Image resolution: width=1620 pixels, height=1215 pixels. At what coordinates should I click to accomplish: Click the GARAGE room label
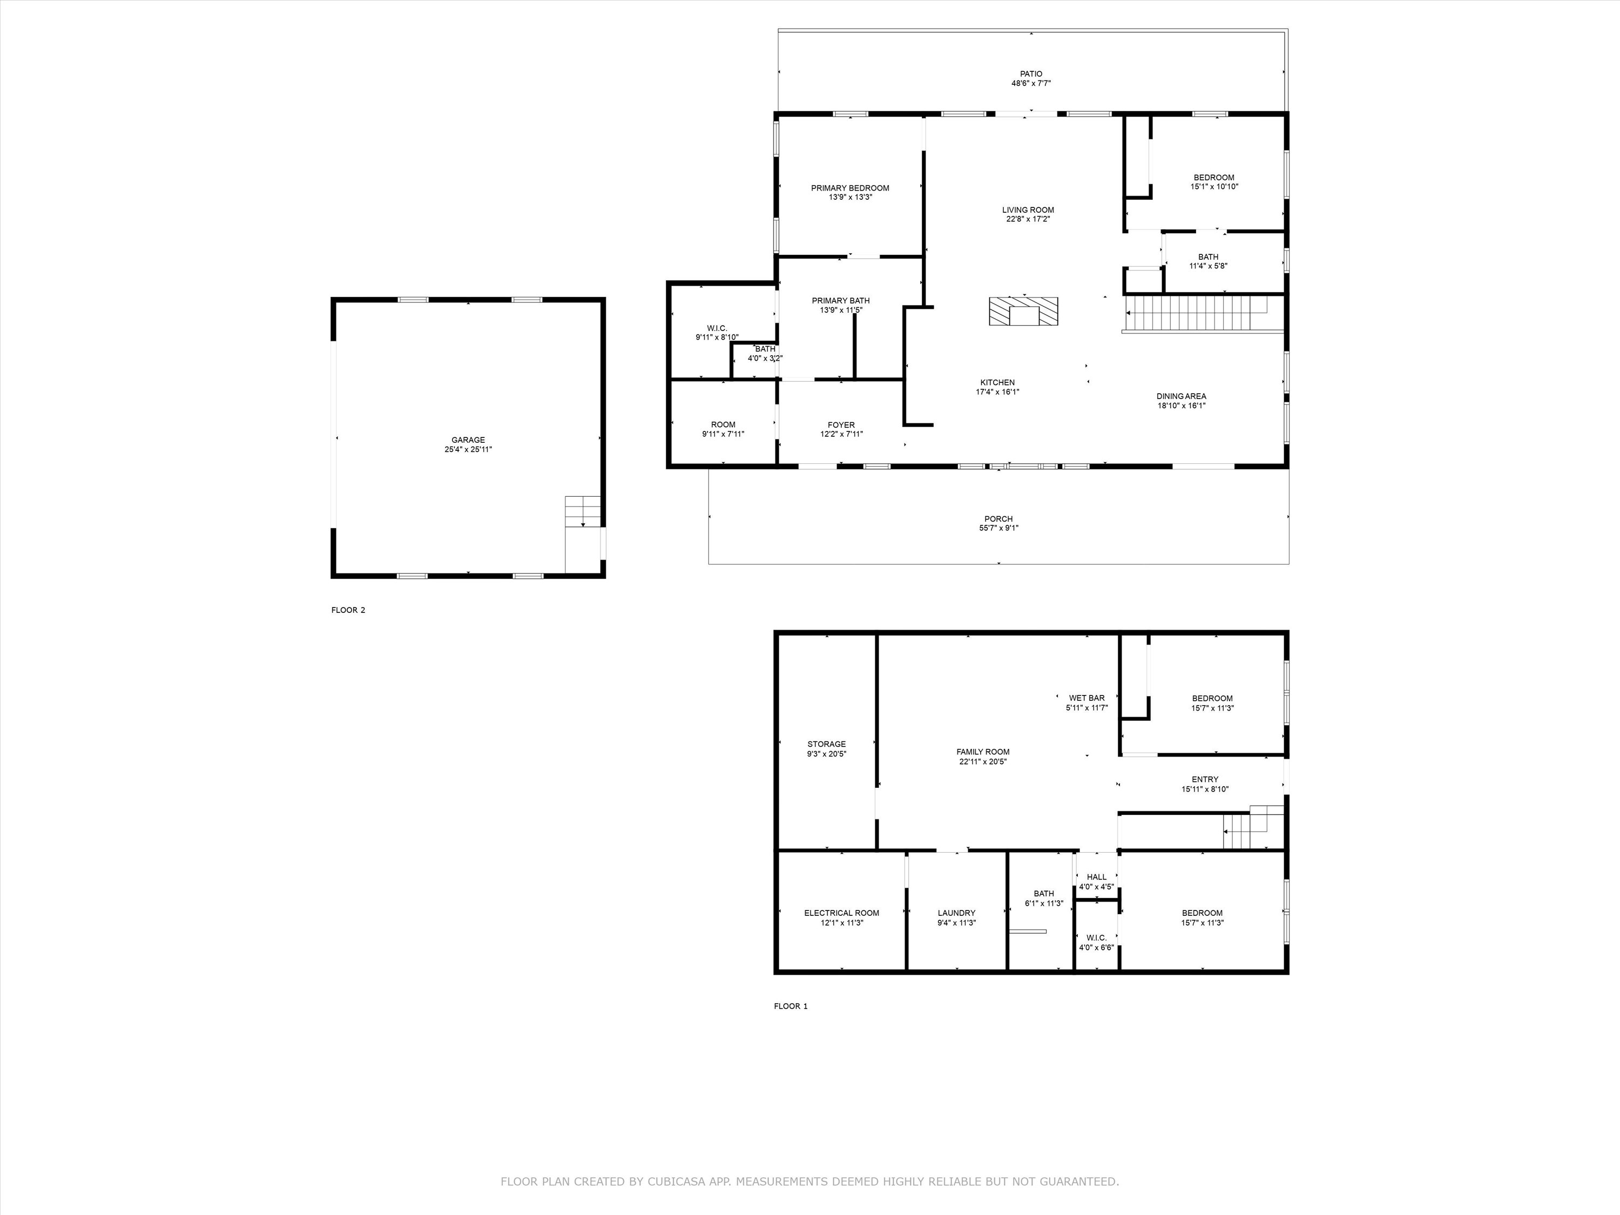468,440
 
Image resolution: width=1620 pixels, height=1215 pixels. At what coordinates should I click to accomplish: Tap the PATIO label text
1031,74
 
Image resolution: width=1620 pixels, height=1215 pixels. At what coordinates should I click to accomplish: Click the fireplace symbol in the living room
1024,311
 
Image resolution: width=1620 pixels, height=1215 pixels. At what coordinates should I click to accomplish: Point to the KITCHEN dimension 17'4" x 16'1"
997,392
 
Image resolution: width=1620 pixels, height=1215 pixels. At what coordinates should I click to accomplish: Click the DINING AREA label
1182,396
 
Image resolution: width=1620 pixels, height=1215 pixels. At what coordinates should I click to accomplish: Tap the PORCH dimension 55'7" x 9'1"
999,528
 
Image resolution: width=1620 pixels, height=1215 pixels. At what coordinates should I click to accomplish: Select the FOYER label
841,425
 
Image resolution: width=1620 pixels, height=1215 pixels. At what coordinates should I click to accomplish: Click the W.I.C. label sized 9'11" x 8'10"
717,328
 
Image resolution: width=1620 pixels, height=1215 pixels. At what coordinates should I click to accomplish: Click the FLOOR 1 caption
791,1006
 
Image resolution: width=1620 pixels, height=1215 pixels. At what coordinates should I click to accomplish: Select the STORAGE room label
827,744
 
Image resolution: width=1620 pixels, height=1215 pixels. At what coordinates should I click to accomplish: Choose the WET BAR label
1087,698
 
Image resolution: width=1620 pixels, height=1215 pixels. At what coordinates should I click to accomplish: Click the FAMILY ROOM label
983,752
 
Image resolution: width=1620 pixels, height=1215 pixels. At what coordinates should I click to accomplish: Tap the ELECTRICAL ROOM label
841,913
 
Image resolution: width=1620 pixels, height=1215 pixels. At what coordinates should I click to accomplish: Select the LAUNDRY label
956,913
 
